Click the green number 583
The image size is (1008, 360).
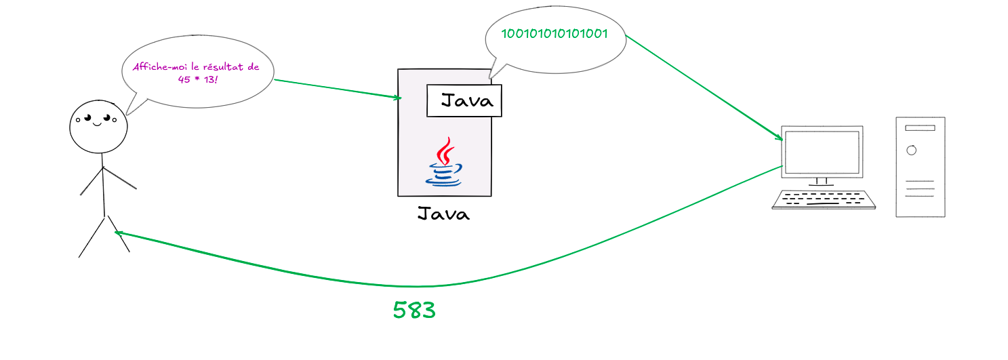click(414, 311)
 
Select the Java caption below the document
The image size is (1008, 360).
click(443, 214)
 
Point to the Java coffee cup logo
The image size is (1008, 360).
click(444, 163)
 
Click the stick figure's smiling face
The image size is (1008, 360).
click(98, 127)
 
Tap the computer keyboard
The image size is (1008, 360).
click(824, 199)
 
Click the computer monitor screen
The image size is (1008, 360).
click(822, 151)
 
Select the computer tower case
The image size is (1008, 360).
click(920, 167)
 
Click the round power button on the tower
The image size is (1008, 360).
click(911, 150)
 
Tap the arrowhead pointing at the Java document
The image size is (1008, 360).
click(399, 98)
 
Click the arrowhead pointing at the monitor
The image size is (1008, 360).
click(780, 138)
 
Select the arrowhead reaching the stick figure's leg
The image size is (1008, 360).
click(118, 233)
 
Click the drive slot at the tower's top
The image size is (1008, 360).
click(920, 127)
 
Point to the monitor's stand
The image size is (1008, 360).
click(822, 181)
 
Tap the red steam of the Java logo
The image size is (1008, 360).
click(445, 151)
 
